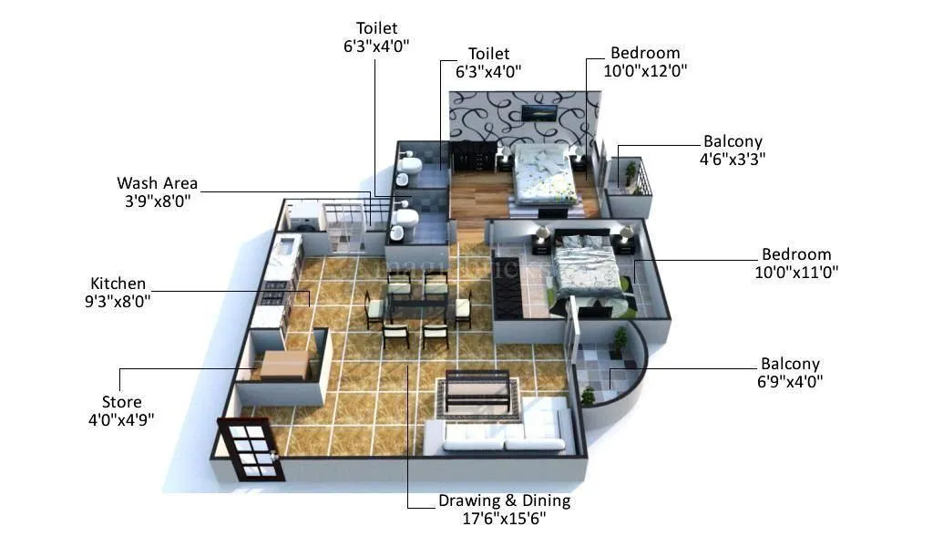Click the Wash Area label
pyautogui.click(x=157, y=183)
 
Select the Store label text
pyautogui.click(x=121, y=402)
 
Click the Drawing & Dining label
pyautogui.click(x=504, y=501)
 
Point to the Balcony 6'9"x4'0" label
pyautogui.click(x=790, y=364)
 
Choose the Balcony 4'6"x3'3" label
pyautogui.click(x=733, y=141)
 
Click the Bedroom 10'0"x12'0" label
pyautogui.click(x=645, y=53)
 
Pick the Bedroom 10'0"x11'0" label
pyautogui.click(x=796, y=254)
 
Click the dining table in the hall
pyautogui.click(x=415, y=306)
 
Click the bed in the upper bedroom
pyautogui.click(x=543, y=172)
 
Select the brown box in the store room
pyautogui.click(x=283, y=365)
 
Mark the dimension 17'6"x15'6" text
pyautogui.click(x=504, y=519)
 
